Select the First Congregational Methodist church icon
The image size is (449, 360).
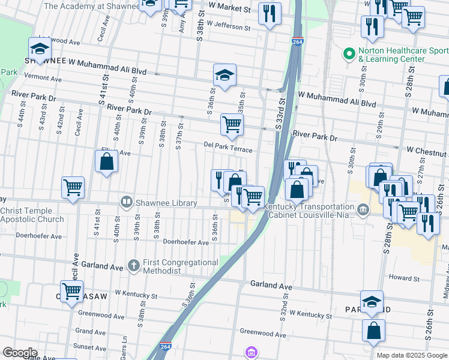[135, 265]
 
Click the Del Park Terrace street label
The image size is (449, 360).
[228, 146]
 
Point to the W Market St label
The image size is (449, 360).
[230, 10]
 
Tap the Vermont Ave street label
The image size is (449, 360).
[43, 79]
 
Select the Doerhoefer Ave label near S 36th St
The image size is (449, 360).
[186, 242]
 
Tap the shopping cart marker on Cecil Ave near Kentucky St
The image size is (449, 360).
[71, 292]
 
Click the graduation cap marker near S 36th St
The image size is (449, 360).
[224, 76]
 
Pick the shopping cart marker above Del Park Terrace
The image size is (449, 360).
[232, 125]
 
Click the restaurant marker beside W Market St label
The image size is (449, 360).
[270, 13]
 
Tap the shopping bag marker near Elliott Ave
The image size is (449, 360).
[106, 161]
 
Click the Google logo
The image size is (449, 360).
[20, 353]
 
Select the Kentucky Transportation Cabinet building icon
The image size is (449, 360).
[363, 209]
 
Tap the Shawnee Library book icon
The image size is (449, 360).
[126, 202]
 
